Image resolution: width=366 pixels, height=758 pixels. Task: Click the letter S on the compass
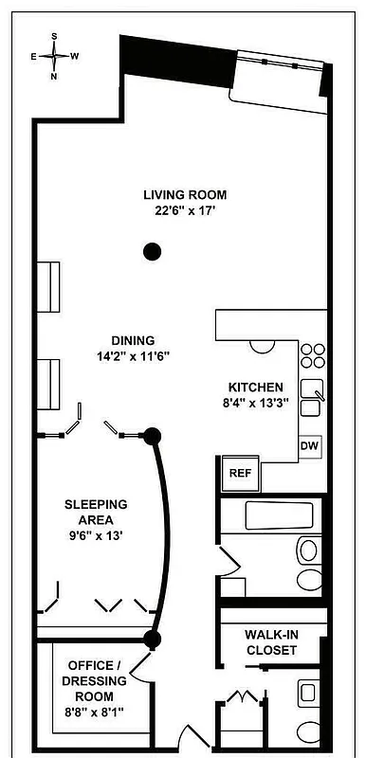[x=54, y=35]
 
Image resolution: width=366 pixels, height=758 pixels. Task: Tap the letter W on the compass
[x=74, y=56]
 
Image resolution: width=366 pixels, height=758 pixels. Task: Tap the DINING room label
[x=133, y=340]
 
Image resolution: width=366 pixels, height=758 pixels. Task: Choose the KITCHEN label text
[x=255, y=388]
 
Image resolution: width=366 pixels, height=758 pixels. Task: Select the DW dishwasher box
[x=309, y=445]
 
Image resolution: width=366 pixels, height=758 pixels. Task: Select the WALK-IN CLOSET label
[x=271, y=642]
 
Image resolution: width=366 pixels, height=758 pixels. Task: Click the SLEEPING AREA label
[x=96, y=512]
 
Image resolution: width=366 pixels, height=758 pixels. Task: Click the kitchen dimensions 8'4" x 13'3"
[x=255, y=404]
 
